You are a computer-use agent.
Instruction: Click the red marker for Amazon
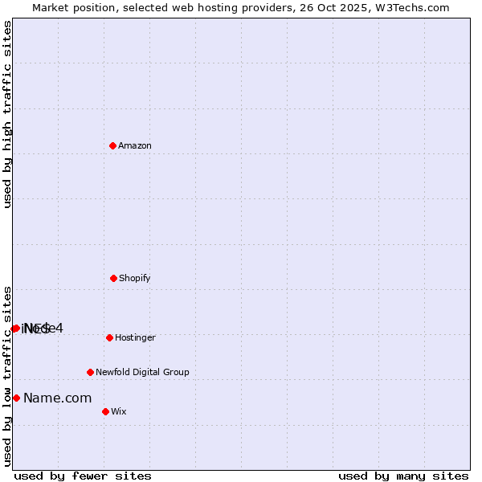[112, 145]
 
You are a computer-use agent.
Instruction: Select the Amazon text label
[135, 146]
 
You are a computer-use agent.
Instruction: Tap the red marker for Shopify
[113, 278]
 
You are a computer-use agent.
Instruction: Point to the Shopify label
[135, 279]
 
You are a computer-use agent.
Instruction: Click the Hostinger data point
[109, 337]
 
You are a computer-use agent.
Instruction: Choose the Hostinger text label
[135, 338]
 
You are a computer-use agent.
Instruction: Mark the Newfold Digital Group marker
[90, 372]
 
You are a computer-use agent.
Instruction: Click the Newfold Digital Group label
[142, 373]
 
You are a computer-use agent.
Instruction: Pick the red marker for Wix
[105, 411]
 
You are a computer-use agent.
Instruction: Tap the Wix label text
[119, 412]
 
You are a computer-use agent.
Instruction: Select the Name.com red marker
[16, 398]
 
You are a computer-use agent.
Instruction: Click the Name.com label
[57, 398]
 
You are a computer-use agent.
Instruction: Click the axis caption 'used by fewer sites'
[83, 476]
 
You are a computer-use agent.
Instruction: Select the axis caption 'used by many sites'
[403, 476]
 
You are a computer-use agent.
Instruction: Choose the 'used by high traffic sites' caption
[8, 114]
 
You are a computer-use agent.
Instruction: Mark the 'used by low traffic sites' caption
[8, 376]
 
